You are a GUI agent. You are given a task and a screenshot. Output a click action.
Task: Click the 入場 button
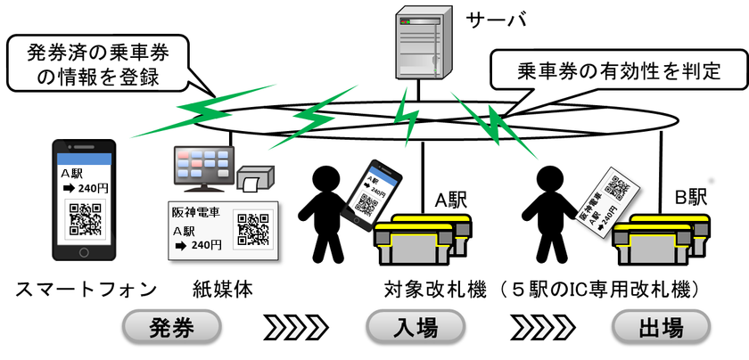pyautogui.click(x=416, y=328)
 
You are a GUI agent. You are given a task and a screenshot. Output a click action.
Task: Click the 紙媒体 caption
pyautogui.click(x=223, y=289)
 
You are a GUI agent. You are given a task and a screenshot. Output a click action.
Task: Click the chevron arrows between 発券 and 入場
pyautogui.click(x=295, y=328)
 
